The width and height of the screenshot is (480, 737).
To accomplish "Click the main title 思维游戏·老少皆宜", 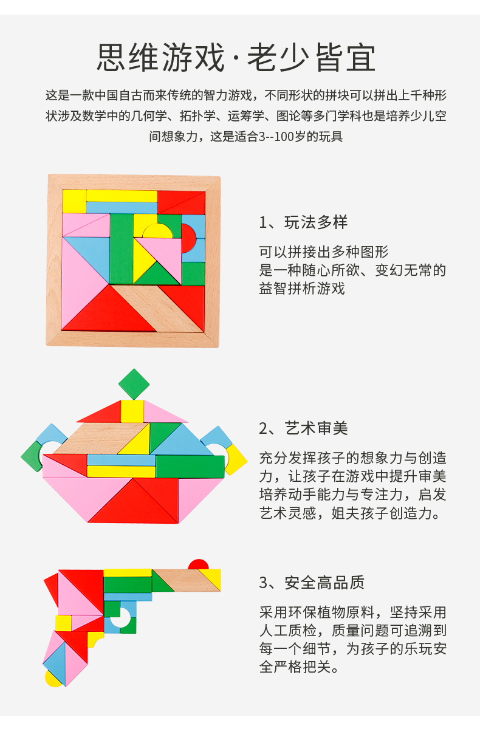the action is tap(236, 58).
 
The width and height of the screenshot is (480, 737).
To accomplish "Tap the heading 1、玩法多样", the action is tap(303, 222).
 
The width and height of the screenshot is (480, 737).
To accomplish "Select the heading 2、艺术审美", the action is tap(303, 428).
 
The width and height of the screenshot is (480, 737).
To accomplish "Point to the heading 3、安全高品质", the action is tap(312, 582).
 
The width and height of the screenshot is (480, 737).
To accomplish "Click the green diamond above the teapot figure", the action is tap(134, 384).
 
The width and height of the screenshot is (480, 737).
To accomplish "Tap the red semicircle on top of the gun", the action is tap(199, 564).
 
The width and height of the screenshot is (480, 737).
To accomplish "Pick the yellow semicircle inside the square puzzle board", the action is tap(157, 231).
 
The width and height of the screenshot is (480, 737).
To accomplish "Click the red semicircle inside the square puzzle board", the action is tap(188, 239).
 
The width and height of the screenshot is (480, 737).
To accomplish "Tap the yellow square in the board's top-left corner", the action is tap(75, 201).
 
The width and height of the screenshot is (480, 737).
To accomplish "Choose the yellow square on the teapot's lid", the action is tap(132, 411).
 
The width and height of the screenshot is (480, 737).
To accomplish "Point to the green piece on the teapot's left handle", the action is tap(32, 456).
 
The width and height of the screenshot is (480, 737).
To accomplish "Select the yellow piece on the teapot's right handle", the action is tap(236, 460).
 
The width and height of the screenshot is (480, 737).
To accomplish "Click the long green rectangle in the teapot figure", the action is tap(190, 467).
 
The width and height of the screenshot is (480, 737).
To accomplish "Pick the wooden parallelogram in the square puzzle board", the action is tap(157, 308).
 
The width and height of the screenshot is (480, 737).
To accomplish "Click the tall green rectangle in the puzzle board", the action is tap(122, 249).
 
